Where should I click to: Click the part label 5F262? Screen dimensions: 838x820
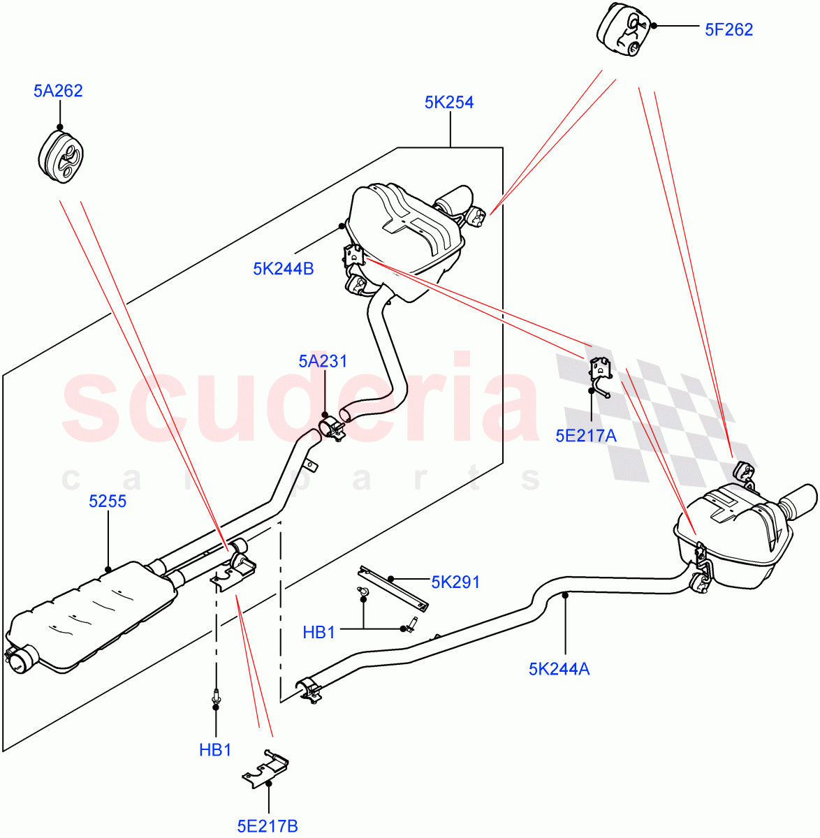point(729,29)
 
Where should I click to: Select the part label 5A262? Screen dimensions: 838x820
point(57,91)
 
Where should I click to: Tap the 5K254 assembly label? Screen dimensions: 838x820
point(449,103)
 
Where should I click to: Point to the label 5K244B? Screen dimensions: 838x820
point(283,269)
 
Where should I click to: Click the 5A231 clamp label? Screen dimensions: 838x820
point(323,362)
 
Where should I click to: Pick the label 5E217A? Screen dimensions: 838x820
point(586,436)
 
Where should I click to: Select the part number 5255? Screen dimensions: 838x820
point(108,501)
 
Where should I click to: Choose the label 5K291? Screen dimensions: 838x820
point(455,582)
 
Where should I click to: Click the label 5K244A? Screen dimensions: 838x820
point(559,669)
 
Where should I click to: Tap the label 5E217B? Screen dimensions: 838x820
point(268,827)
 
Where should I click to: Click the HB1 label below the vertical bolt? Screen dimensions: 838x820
point(215,751)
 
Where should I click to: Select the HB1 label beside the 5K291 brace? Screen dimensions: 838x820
point(319,633)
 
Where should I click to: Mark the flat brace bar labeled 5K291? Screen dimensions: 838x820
point(393,587)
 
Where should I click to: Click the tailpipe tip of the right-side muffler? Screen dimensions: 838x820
point(798,501)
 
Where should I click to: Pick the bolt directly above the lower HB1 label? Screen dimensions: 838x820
point(216,696)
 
